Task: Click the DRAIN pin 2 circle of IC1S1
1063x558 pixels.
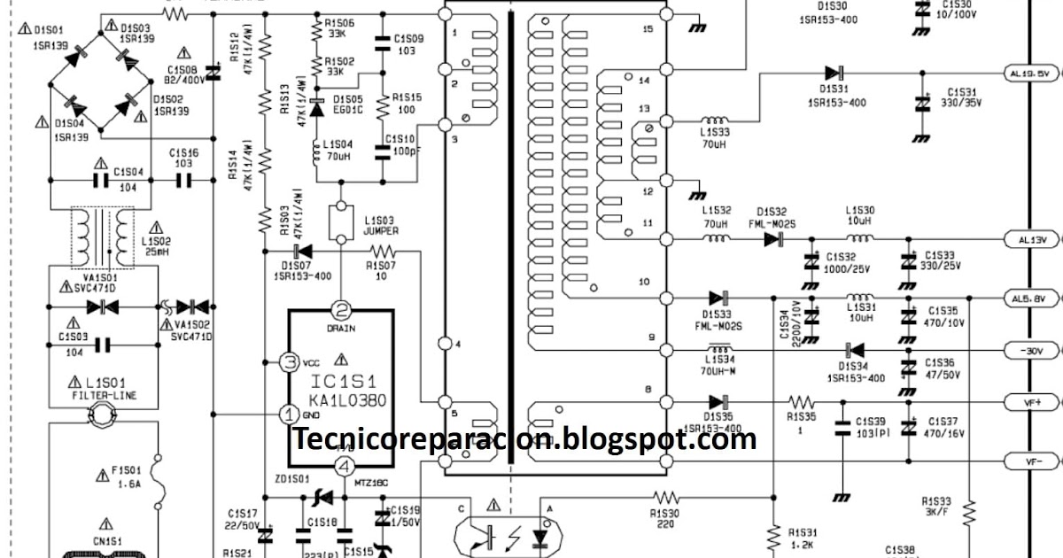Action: [341, 310]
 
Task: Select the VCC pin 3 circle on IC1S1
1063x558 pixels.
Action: [288, 361]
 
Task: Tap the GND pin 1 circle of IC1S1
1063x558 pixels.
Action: [288, 414]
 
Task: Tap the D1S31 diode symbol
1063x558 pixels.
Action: [832, 74]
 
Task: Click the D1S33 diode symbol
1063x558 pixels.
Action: [718, 298]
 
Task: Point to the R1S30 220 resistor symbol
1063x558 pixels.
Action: [664, 498]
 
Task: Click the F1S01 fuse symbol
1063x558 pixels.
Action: [159, 478]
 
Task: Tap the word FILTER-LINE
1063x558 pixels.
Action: [102, 395]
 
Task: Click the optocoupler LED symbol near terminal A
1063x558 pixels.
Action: [540, 537]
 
